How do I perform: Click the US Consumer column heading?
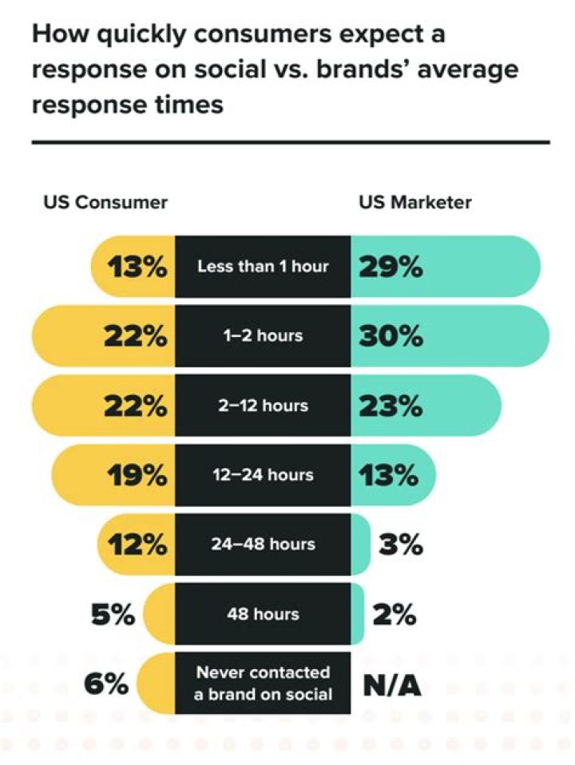pyautogui.click(x=105, y=202)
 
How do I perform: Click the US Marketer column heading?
pyautogui.click(x=414, y=202)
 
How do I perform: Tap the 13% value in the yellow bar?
pyautogui.click(x=137, y=266)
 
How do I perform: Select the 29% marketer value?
pyautogui.click(x=390, y=266)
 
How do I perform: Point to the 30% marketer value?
pyautogui.click(x=391, y=335)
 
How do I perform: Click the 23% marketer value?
pyautogui.click(x=390, y=406)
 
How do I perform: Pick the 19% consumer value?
pyautogui.click(x=137, y=476)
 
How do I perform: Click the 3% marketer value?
pyautogui.click(x=400, y=545)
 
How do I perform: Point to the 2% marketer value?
pyautogui.click(x=394, y=615)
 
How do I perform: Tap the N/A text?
pyautogui.click(x=392, y=684)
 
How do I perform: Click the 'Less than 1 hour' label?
pyautogui.click(x=263, y=266)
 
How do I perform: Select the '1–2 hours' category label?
pyautogui.click(x=263, y=335)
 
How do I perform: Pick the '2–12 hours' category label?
pyautogui.click(x=263, y=406)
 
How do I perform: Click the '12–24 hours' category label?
pyautogui.click(x=263, y=476)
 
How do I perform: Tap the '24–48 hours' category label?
pyautogui.click(x=263, y=545)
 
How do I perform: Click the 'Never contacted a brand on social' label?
pyautogui.click(x=263, y=684)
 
